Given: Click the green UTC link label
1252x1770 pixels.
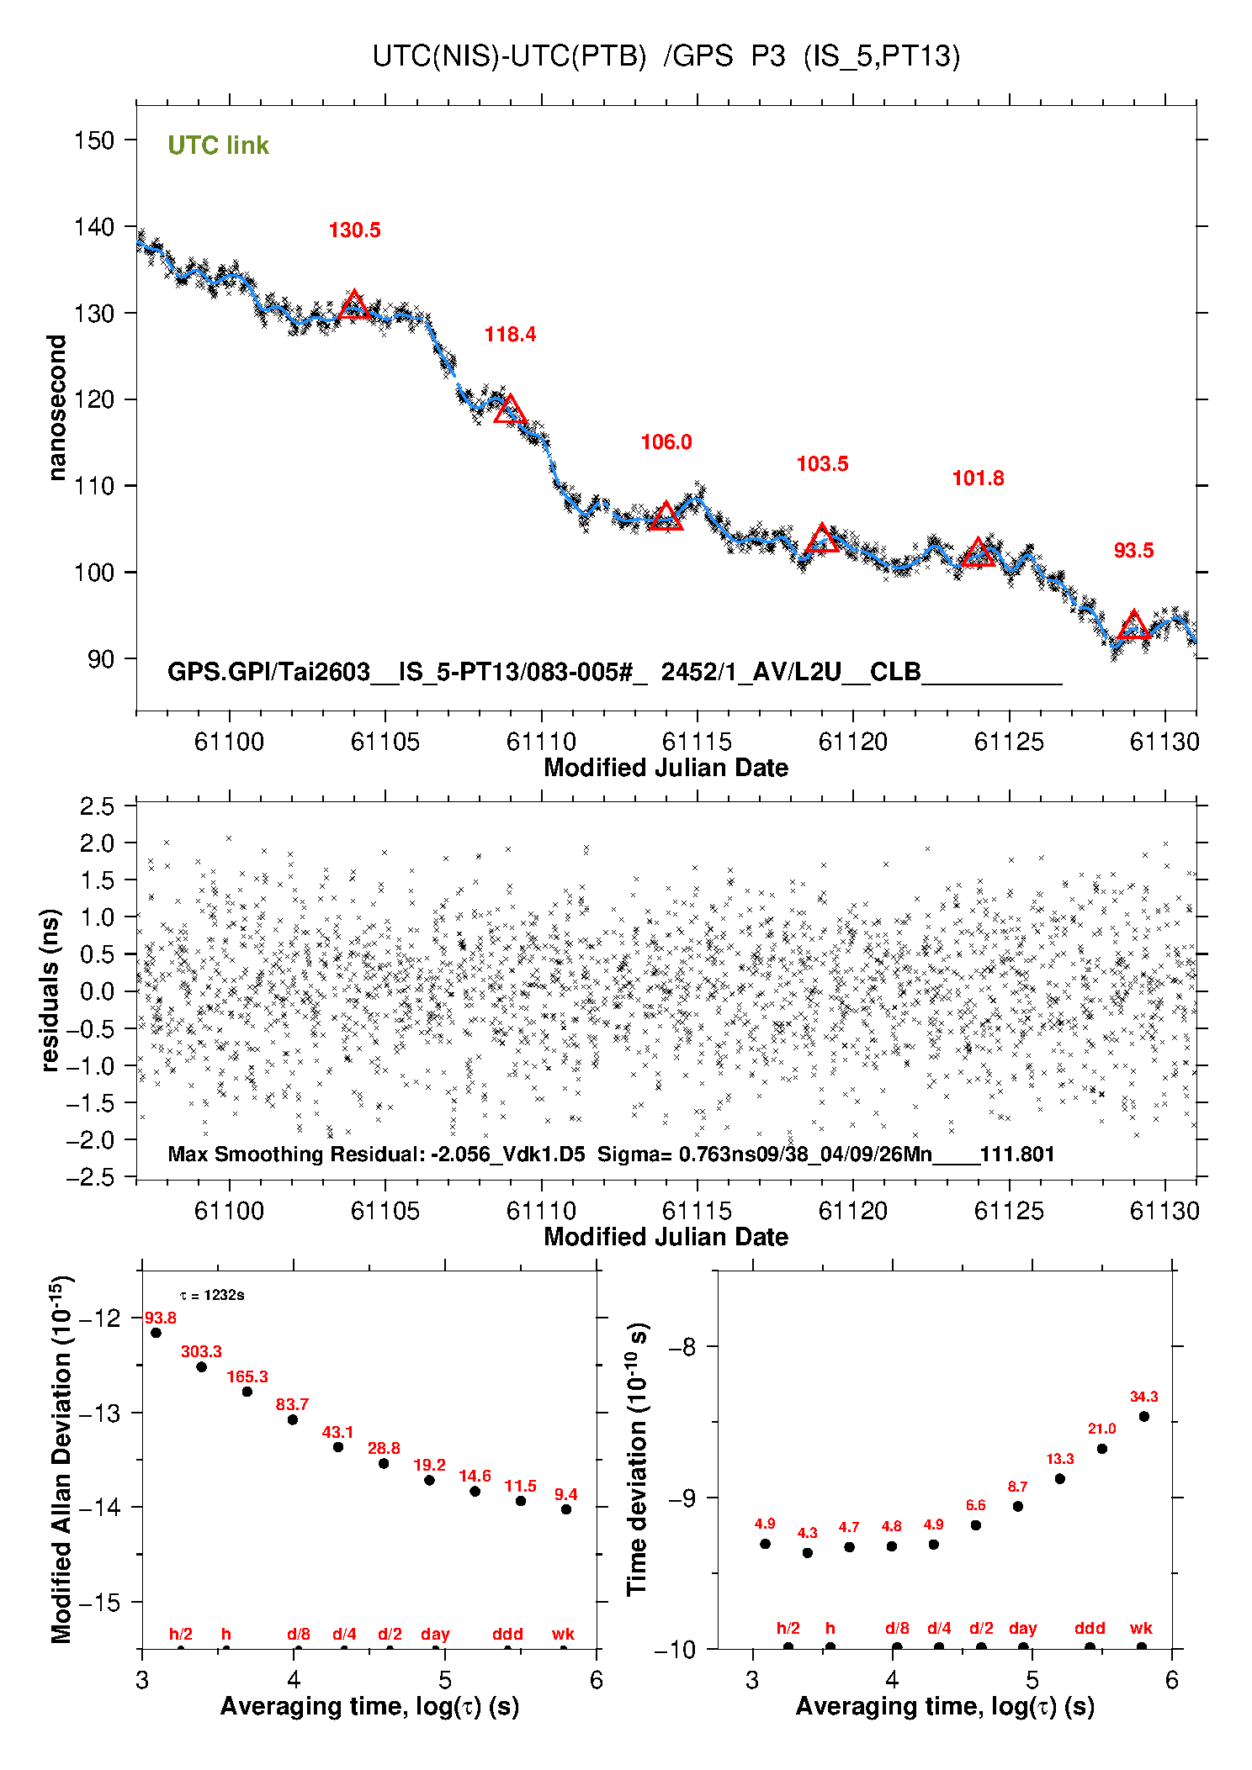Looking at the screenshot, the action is point(218,145).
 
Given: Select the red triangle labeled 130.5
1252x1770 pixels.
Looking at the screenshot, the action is point(354,304).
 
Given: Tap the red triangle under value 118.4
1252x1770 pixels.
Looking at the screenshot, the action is point(510,409).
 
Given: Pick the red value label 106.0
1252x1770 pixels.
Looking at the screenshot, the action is point(666,442).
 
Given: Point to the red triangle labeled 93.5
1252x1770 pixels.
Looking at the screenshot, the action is point(1133,625).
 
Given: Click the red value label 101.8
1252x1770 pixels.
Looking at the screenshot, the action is point(978,478).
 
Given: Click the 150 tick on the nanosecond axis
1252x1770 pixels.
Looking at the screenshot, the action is point(93,140).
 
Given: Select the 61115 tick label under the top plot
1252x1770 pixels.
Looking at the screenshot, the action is point(697,742).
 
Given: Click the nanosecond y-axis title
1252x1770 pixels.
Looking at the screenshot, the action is point(56,408).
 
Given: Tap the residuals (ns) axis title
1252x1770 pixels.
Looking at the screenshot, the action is point(50,991).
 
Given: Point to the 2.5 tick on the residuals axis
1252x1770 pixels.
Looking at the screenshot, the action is point(97,806).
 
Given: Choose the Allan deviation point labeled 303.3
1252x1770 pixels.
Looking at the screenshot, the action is point(201,1367).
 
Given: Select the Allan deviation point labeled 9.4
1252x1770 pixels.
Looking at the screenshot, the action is point(566,1509).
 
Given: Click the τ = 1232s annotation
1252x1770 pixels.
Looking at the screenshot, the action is point(212,1295).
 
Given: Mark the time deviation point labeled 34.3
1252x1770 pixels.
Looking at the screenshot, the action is point(1144,1417).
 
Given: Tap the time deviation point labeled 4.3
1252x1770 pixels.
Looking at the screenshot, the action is point(808,1553).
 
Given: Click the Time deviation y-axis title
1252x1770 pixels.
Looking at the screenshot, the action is point(637,1460).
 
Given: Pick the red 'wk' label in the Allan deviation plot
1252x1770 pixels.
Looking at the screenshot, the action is point(563,1634).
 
